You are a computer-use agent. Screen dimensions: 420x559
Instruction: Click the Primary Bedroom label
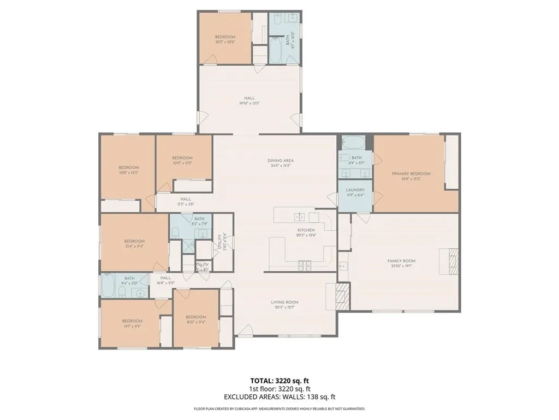tap(411, 174)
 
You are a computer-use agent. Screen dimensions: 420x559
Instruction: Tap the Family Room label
tap(401, 261)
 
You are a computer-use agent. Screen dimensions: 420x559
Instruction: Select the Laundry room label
tap(355, 190)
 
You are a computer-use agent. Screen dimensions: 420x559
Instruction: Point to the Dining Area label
tap(278, 161)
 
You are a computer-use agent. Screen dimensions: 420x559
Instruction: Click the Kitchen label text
tap(306, 230)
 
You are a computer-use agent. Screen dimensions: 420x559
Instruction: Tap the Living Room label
tap(284, 302)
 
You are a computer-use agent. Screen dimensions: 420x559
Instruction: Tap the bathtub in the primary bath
tap(355, 144)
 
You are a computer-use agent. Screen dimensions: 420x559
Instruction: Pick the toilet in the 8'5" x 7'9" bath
tap(175, 233)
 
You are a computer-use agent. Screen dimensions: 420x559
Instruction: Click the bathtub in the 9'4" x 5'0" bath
tap(108, 285)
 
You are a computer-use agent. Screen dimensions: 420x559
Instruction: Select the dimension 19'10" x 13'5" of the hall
tap(249, 103)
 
